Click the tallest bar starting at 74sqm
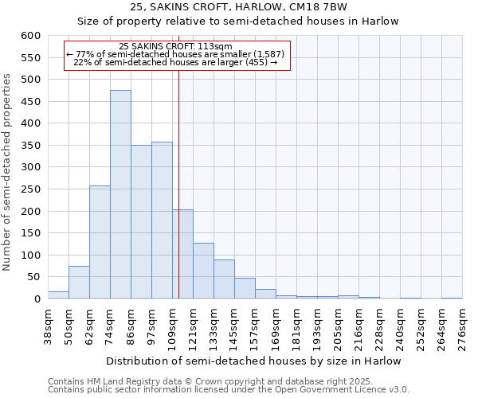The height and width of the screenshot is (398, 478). tap(120, 195)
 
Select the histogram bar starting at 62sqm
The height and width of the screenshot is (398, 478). tap(100, 243)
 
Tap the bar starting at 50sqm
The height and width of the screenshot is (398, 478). tap(79, 283)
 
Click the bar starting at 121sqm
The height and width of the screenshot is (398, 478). tap(203, 271)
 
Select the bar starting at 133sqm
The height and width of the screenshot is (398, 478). tap(224, 279)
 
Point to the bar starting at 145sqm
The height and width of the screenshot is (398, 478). tap(245, 288)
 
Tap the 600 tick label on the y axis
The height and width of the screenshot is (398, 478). tap(29, 36)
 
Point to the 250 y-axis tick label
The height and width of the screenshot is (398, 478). tap(29, 189)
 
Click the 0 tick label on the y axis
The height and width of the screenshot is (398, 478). tap(36, 299)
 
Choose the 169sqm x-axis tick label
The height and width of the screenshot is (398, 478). tap(276, 326)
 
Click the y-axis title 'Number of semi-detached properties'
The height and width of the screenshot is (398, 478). tap(8, 172)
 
